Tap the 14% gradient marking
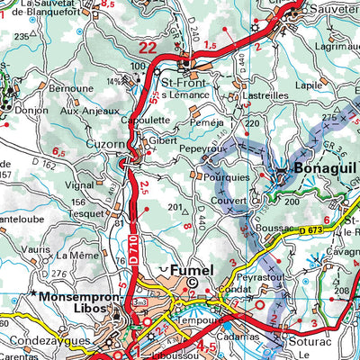114,82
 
